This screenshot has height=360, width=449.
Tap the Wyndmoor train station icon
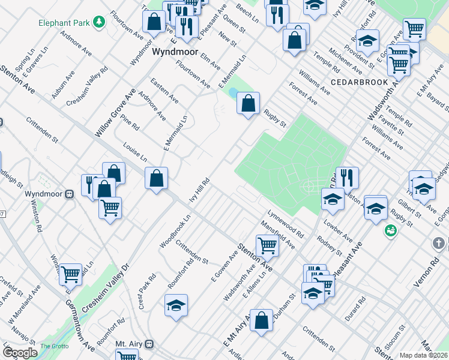[x=70, y=194]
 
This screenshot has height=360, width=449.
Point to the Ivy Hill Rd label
[x=199, y=190]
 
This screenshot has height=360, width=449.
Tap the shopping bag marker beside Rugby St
[x=248, y=104]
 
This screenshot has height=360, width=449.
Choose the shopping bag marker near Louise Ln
[x=156, y=178]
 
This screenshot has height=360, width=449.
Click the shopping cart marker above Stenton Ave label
[x=267, y=245]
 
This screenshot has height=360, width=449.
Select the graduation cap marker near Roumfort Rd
[x=176, y=305]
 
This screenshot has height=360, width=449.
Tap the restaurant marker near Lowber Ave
[x=347, y=178]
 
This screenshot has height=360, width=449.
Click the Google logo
[x=20, y=353]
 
